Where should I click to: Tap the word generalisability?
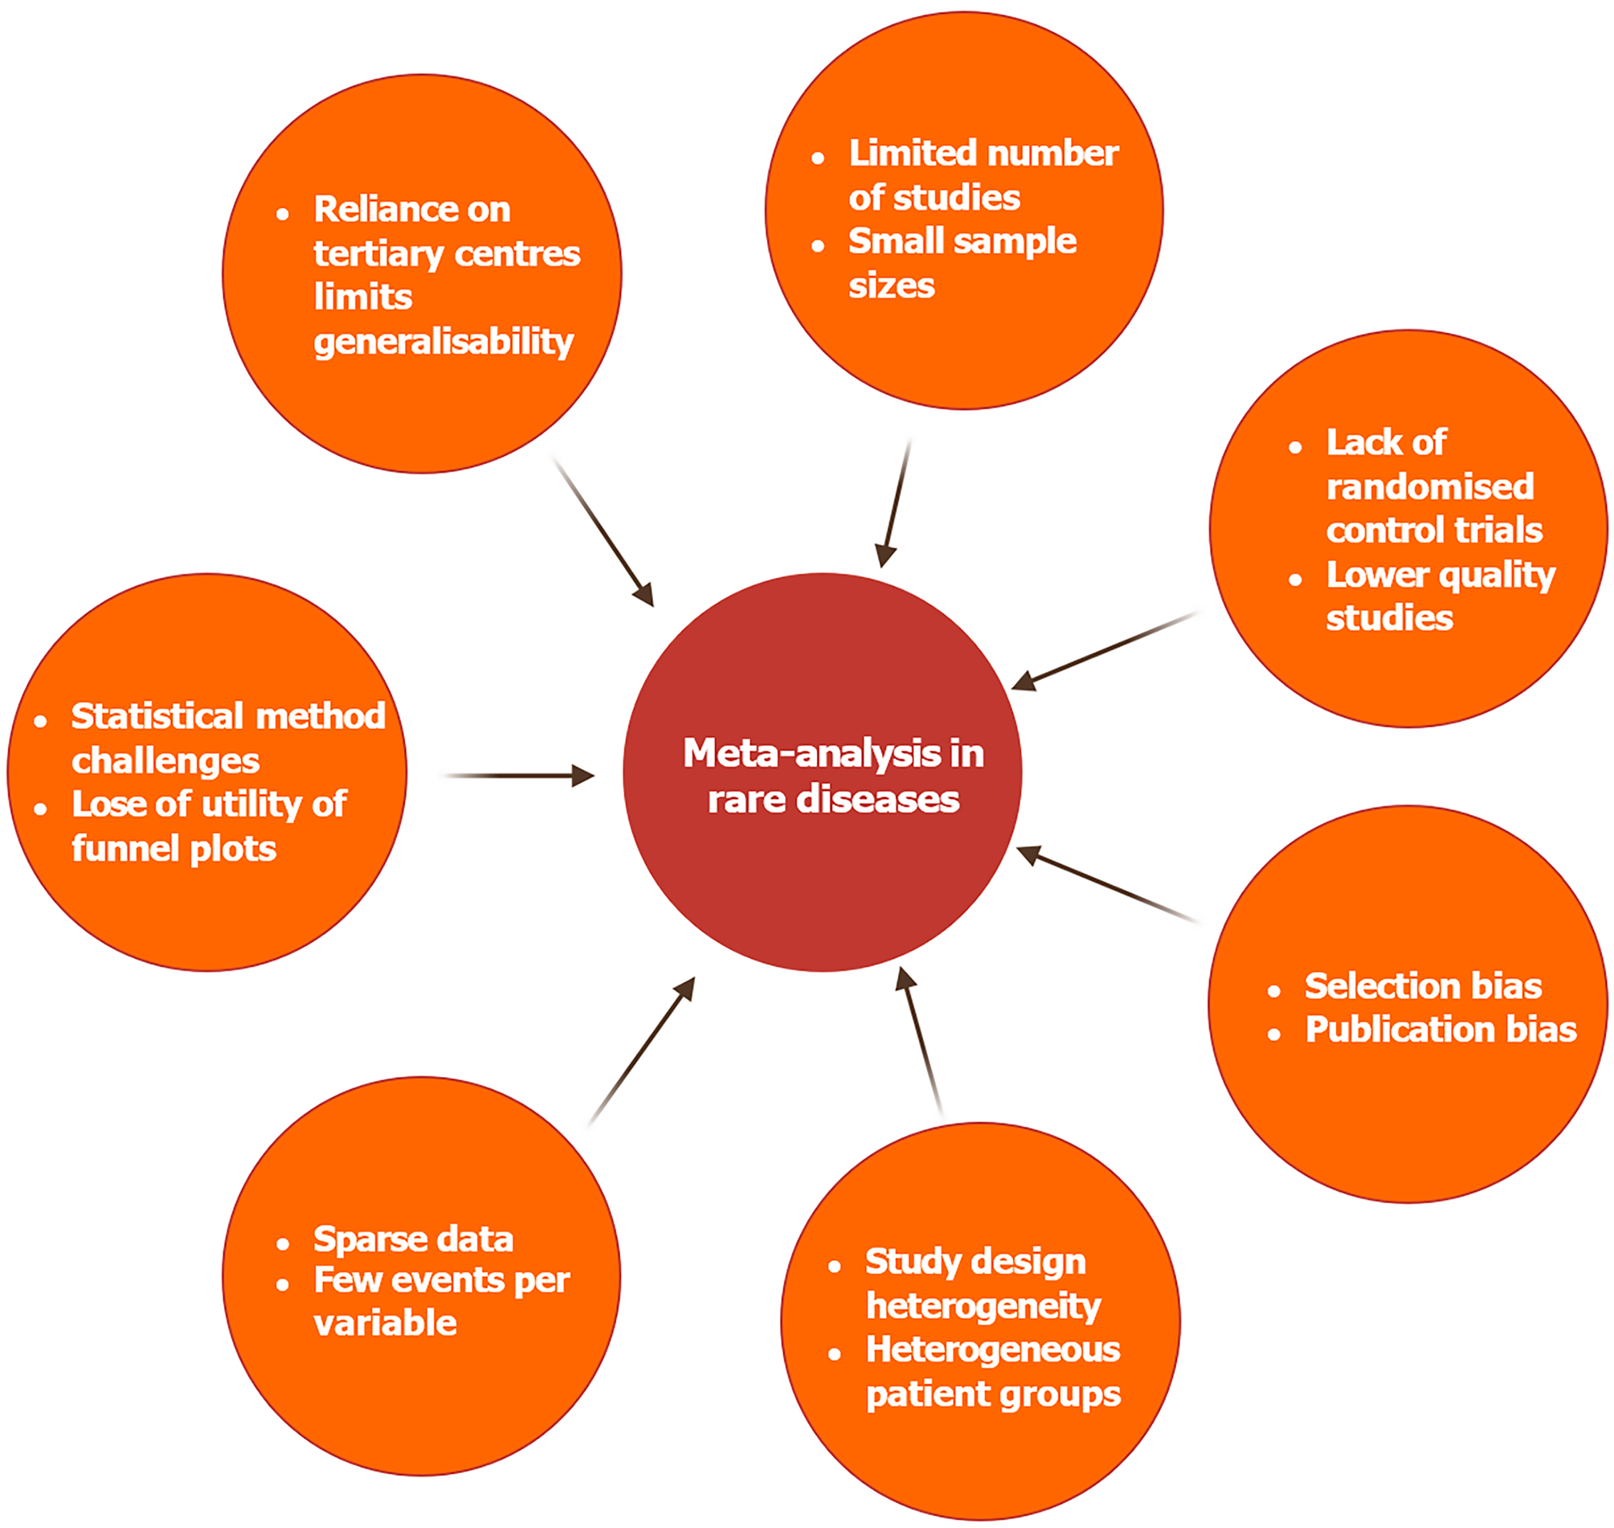(443, 342)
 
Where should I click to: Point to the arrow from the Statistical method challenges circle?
(519, 775)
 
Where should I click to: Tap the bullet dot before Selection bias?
(1274, 991)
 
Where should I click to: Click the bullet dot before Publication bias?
(1274, 1034)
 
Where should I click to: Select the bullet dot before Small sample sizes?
(818, 246)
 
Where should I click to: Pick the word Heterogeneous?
(992, 1350)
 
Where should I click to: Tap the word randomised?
(1430, 487)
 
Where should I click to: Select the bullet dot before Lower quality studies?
(1295, 580)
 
